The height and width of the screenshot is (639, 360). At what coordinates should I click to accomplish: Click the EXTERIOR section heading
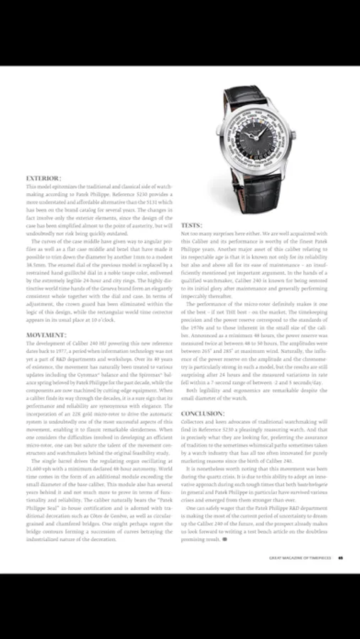tap(43, 177)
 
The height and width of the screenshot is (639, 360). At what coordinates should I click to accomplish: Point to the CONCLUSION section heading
tap(203, 413)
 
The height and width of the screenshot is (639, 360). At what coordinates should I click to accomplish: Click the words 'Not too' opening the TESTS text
tap(190, 234)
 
